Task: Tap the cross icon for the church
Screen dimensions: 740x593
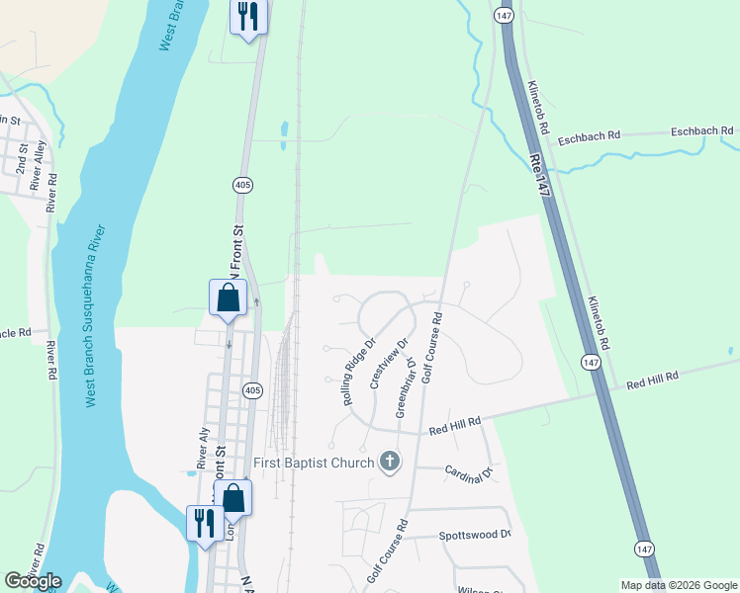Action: point(390,462)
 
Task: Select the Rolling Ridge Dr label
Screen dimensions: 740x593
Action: point(359,373)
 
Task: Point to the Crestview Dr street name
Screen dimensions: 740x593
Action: point(388,365)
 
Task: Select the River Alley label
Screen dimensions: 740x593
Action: point(39,164)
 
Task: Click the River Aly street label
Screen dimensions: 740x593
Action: point(202,448)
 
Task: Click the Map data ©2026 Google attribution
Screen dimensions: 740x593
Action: point(678,585)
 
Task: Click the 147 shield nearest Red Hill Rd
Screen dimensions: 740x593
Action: point(591,363)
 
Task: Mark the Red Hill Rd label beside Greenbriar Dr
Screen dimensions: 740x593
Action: point(455,424)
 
